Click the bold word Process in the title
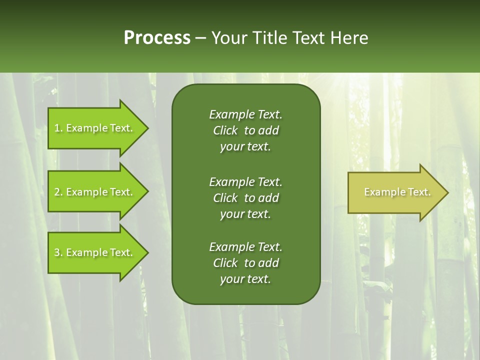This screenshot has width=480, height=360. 157,38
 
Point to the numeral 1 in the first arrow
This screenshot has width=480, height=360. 57,128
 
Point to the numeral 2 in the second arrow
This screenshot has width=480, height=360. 57,192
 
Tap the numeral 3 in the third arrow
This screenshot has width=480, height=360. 57,252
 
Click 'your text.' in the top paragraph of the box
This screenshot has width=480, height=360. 245,147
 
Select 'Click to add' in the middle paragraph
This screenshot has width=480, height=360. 245,198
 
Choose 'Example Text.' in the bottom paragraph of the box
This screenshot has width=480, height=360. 245,247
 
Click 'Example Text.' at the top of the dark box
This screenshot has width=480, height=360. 245,114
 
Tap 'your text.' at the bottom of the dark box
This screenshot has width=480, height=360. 245,279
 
